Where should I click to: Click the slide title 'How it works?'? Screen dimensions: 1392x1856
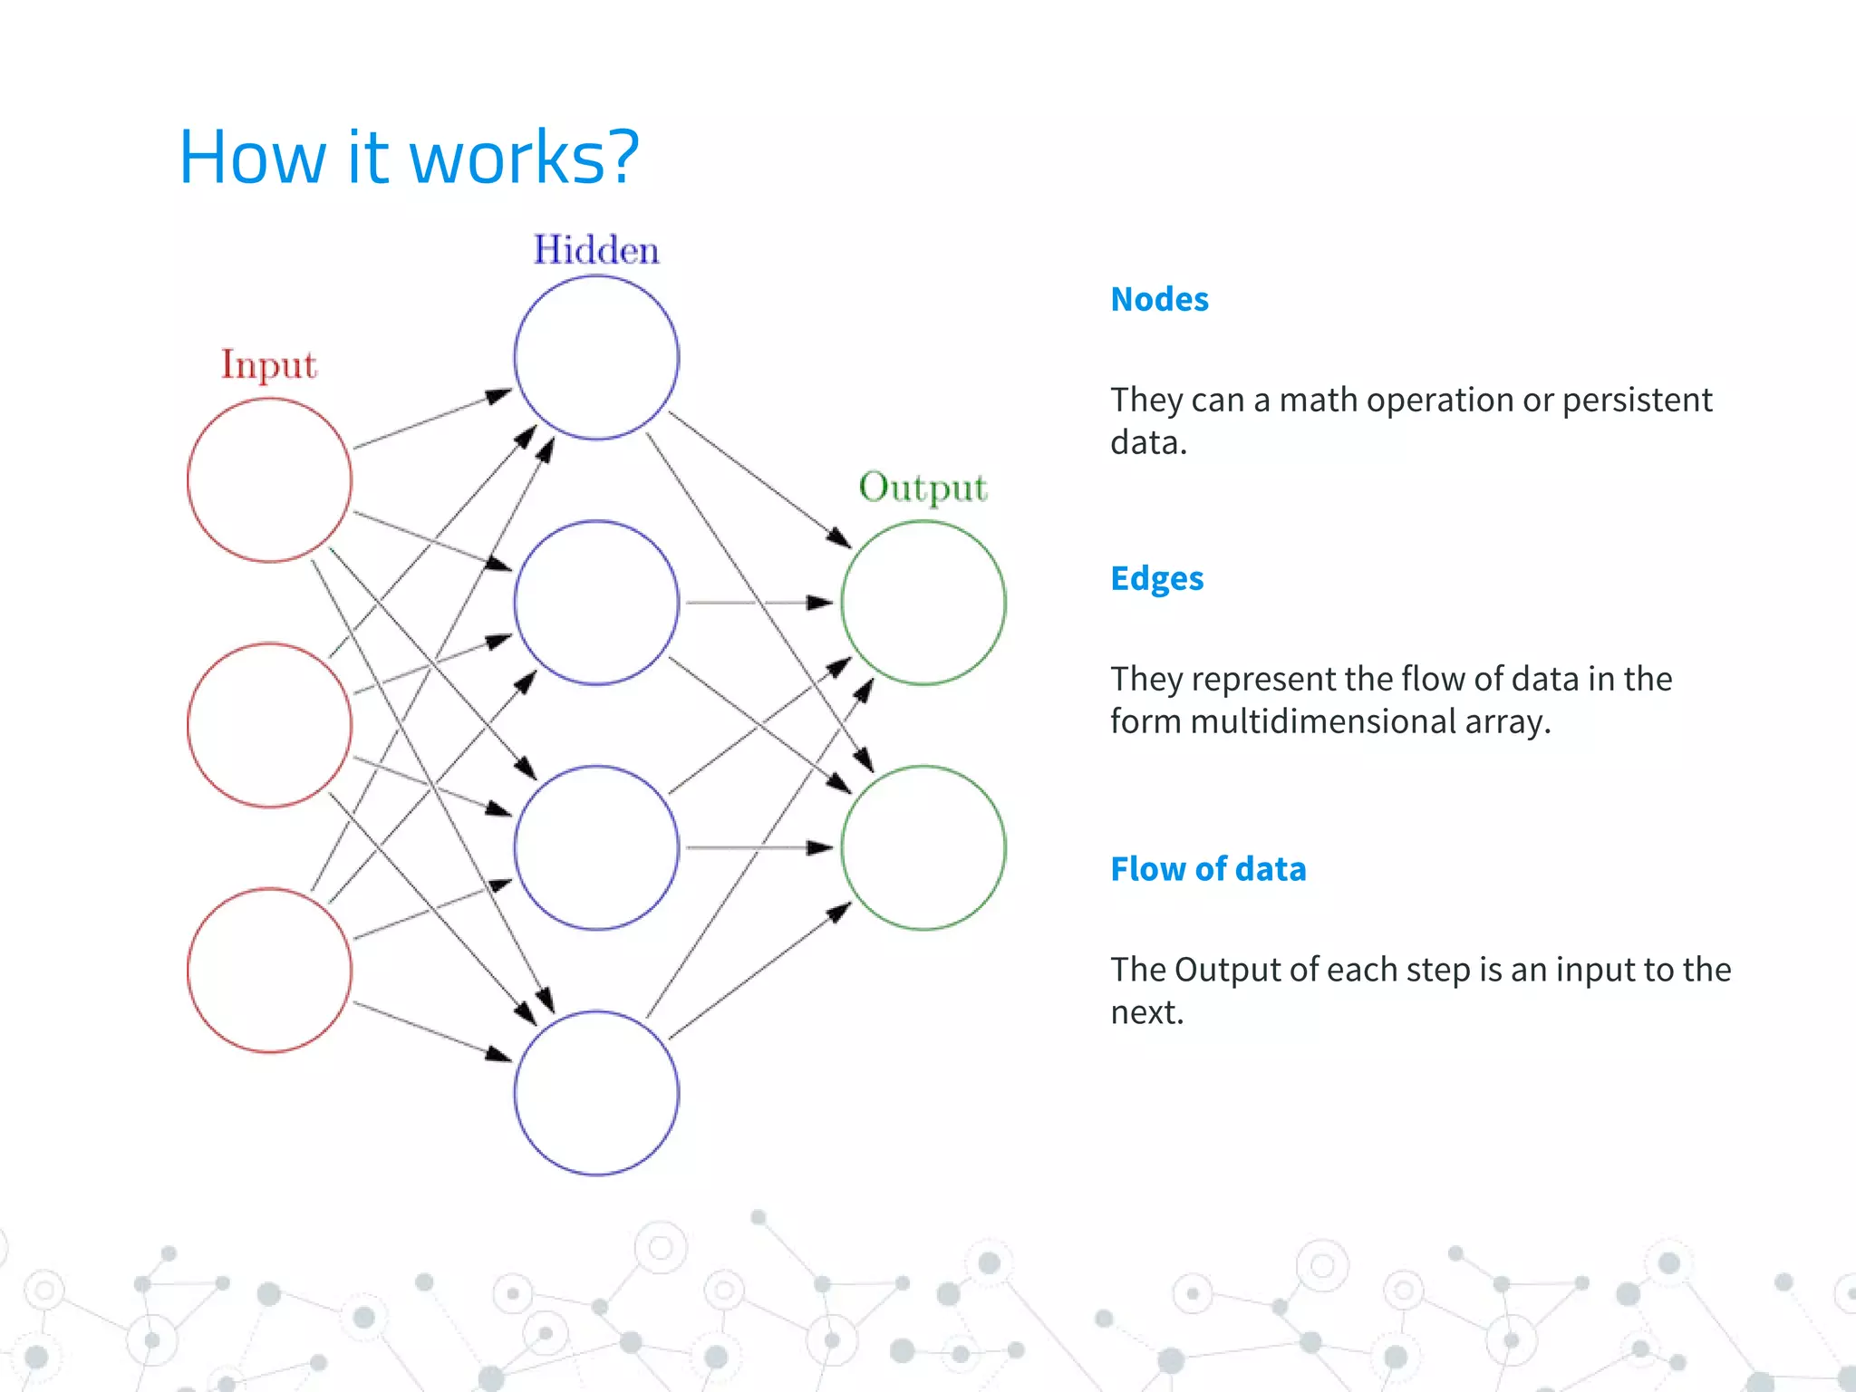pos(409,157)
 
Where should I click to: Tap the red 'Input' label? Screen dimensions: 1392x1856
pos(268,365)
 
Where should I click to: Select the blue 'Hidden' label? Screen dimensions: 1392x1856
pos(595,250)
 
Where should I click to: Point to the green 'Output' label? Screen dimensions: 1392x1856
pos(923,488)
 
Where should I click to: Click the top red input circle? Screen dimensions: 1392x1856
pos(269,480)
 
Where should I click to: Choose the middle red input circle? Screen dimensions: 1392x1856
pos(269,725)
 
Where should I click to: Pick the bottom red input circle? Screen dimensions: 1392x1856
pos(269,970)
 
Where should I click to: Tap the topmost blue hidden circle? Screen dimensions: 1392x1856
pos(596,358)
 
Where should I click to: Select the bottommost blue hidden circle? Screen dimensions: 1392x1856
pos(596,1093)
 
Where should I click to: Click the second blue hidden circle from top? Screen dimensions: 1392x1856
pos(596,603)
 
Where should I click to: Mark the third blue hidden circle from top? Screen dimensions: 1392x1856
pos(596,847)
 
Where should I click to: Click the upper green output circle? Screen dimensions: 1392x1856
pos(923,603)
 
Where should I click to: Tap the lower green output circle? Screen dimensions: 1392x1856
pos(923,847)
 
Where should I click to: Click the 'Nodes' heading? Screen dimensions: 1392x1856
pos(1159,299)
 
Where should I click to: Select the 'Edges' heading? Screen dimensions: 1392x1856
pos(1156,578)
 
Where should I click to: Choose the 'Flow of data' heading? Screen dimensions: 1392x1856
pos(1208,869)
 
